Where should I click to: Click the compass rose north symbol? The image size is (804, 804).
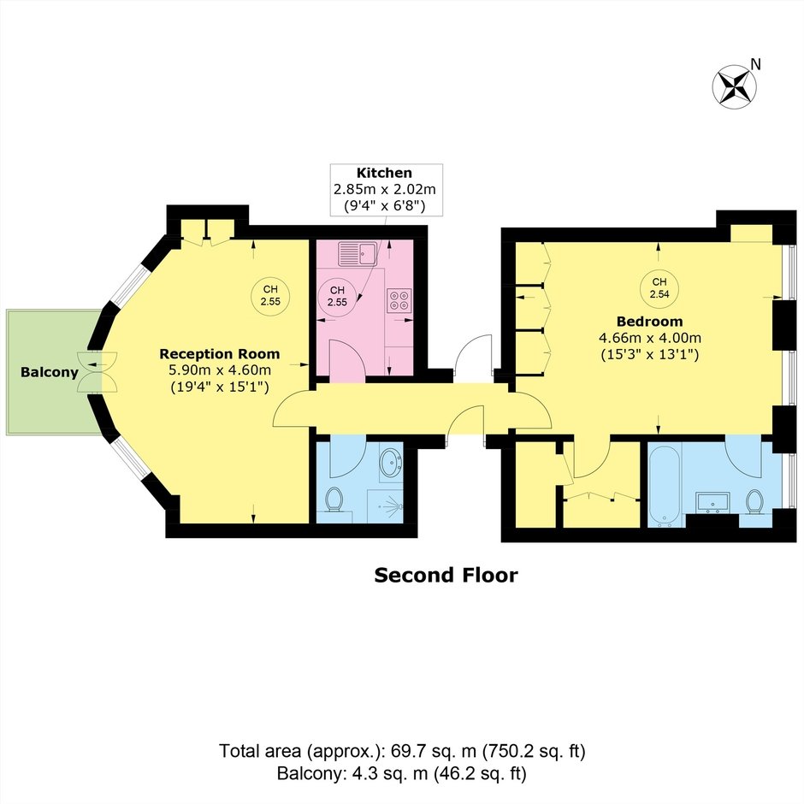(734, 86)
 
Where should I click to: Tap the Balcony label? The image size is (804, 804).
(50, 372)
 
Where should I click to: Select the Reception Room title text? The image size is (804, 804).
(220, 354)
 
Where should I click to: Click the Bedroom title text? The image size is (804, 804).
(650, 322)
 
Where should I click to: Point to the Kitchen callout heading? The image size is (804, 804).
(384, 173)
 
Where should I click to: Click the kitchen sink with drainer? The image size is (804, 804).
(358, 253)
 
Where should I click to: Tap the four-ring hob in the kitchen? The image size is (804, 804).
(399, 300)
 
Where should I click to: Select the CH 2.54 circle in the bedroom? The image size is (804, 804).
(659, 288)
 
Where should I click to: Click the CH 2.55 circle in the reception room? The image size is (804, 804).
(270, 296)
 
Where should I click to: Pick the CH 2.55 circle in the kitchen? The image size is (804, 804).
(337, 297)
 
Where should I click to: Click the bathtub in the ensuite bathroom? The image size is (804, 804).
(665, 486)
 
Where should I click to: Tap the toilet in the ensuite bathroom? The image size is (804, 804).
(754, 501)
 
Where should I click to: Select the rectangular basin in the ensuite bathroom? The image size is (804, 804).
(712, 503)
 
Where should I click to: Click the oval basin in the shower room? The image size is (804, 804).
(391, 463)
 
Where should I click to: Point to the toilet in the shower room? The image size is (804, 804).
(334, 500)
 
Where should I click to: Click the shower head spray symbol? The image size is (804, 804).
(393, 505)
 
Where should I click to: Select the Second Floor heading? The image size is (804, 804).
(446, 576)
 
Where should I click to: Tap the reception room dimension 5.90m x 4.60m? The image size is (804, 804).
(220, 369)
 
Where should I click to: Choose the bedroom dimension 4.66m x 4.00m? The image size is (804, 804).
(650, 338)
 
